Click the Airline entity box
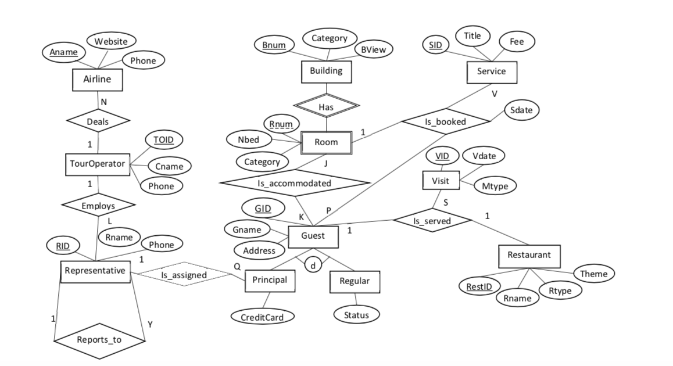pos(97,80)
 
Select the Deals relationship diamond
pos(97,121)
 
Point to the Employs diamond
pos(98,205)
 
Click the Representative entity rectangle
pos(95,271)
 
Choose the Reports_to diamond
pos(99,339)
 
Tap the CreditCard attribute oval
pos(262,317)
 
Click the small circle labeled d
pos(313,265)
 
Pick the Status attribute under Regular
pos(356,315)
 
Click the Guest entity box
pos(313,236)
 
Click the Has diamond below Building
pos(326,106)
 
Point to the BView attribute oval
pos(373,51)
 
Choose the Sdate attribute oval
pos(521,110)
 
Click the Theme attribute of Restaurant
pos(593,274)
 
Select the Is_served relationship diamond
pos(431,221)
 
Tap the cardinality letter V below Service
pos(495,93)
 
